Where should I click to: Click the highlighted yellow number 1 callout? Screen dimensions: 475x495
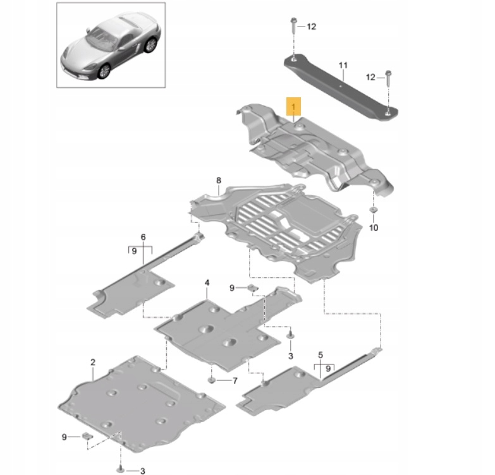(294, 105)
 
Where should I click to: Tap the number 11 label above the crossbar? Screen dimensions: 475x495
(343, 66)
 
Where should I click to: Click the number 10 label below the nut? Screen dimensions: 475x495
(373, 227)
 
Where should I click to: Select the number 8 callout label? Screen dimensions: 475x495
(219, 181)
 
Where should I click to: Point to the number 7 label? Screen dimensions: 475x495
(234, 381)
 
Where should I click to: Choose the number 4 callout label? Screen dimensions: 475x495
(206, 284)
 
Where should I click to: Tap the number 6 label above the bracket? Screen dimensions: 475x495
(143, 237)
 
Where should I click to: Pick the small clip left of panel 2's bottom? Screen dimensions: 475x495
(87, 436)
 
